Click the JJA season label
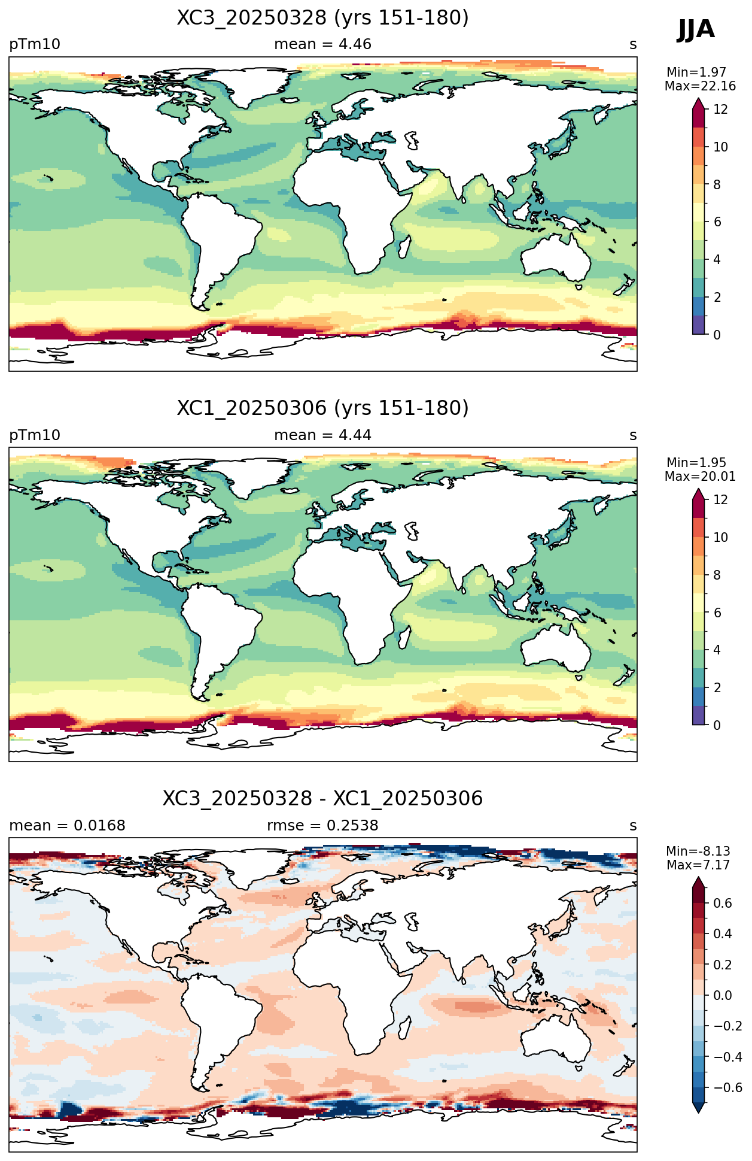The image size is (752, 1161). click(x=696, y=29)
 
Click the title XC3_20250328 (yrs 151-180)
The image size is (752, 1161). click(x=322, y=18)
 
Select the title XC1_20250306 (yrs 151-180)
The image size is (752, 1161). click(x=322, y=408)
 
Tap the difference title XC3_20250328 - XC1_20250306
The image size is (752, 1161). click(x=322, y=799)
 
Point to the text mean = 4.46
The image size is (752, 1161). click(x=322, y=44)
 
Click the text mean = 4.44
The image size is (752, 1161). click(x=322, y=435)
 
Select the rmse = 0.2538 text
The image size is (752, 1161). click(x=322, y=826)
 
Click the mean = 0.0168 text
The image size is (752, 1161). click(x=67, y=826)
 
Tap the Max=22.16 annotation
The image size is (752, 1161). click(x=700, y=86)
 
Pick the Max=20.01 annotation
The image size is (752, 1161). click(x=700, y=477)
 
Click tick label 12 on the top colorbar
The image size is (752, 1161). click(x=720, y=109)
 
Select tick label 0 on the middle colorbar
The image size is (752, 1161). click(x=717, y=725)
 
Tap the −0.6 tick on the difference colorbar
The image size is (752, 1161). click(x=727, y=1088)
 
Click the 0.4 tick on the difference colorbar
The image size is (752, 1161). click(x=723, y=934)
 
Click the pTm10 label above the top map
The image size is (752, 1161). click(x=35, y=45)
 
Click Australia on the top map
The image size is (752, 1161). click(x=556, y=256)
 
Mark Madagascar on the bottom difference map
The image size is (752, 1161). click(x=404, y=1027)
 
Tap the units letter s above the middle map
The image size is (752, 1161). click(x=633, y=435)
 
